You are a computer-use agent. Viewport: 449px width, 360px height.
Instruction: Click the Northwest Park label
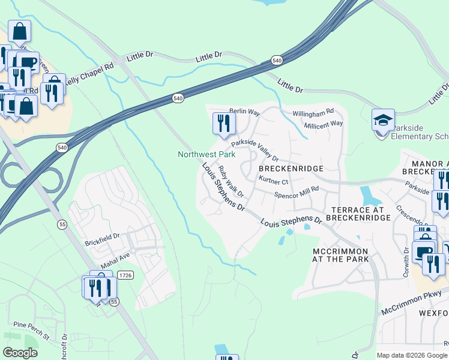206,154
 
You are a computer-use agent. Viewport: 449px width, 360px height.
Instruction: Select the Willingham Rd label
312,113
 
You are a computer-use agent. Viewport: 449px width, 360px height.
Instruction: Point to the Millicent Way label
323,124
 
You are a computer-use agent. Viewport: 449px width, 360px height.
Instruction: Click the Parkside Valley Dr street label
256,150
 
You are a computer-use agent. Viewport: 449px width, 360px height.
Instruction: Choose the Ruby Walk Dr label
231,181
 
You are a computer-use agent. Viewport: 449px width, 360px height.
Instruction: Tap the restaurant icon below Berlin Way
223,124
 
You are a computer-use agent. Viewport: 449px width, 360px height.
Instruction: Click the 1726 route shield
126,275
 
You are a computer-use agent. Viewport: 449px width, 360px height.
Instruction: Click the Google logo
21,353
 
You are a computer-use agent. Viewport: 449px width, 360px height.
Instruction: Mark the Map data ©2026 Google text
412,355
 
